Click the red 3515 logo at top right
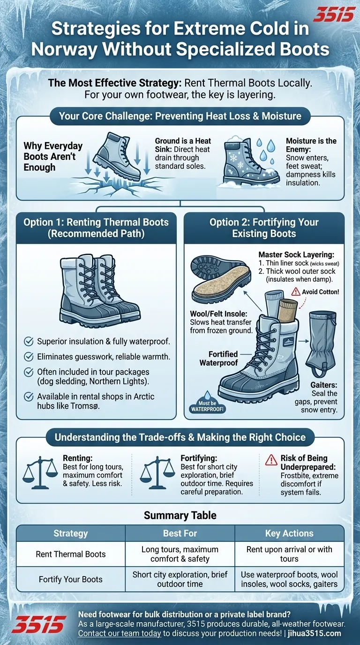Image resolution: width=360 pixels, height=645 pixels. point(333,15)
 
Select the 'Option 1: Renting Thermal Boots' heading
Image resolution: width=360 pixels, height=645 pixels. point(96,228)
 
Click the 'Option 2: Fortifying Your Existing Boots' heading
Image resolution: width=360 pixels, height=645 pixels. point(264,228)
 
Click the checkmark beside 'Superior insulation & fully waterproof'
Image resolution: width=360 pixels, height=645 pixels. point(29,341)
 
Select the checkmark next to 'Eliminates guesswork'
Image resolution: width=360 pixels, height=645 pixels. point(29,357)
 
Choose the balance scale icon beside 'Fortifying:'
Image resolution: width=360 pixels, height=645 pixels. point(157,474)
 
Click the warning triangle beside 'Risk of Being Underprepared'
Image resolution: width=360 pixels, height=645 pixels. point(271,460)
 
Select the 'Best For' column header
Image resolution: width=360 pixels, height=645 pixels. point(180,533)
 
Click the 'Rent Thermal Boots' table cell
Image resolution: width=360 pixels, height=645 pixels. point(71,554)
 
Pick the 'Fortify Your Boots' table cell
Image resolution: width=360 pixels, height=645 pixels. point(71,579)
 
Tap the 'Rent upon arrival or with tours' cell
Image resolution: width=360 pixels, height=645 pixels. point(289,554)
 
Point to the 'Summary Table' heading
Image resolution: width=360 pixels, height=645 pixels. point(180,516)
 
